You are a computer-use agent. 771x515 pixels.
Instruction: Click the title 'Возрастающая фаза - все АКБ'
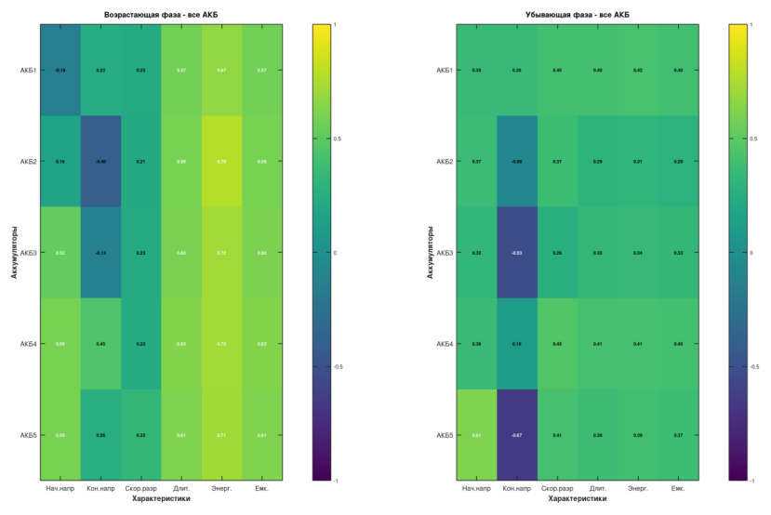tap(161, 14)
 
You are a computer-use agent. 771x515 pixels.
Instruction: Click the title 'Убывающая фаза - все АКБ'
tap(578, 14)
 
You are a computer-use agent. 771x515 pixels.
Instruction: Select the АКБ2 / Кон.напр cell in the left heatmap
tap(100, 162)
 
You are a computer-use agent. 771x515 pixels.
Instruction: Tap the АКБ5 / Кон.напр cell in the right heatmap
tap(517, 435)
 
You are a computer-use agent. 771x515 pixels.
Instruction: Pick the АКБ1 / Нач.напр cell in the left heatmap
tap(60, 71)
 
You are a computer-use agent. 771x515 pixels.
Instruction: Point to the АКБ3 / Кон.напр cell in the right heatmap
tap(517, 253)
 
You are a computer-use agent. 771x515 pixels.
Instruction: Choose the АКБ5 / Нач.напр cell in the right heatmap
tap(476, 435)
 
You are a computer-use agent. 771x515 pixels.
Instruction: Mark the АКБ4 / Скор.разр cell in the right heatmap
tap(557, 344)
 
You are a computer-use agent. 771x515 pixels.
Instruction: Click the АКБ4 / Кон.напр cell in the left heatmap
tap(100, 344)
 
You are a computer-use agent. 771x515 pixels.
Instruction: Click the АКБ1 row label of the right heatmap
tap(444, 71)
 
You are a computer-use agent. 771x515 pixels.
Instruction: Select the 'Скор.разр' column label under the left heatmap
tap(140, 488)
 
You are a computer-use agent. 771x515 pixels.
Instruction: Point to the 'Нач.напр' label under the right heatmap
tap(476, 488)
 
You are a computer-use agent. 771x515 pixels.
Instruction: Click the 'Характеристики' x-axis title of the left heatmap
tap(161, 499)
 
